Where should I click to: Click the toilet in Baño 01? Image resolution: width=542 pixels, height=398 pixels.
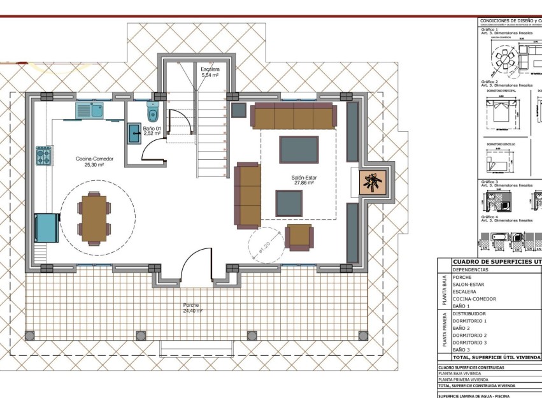tap(152, 113)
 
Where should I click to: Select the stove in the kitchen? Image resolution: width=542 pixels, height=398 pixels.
tap(43, 156)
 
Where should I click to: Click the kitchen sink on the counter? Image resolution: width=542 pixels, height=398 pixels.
tap(89, 110)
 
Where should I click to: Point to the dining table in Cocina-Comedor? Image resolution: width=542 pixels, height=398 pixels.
tap(94, 218)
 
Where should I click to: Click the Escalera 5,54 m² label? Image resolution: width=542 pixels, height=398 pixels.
tap(210, 71)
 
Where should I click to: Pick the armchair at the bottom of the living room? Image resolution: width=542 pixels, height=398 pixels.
tap(299, 236)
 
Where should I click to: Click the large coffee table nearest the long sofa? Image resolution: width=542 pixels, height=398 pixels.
tap(299, 150)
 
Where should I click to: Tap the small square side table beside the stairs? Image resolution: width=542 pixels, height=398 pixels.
tap(239, 110)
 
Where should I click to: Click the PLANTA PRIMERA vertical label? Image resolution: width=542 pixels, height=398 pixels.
tap(443, 330)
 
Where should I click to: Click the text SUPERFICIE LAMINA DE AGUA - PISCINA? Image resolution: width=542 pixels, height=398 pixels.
tap(474, 395)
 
